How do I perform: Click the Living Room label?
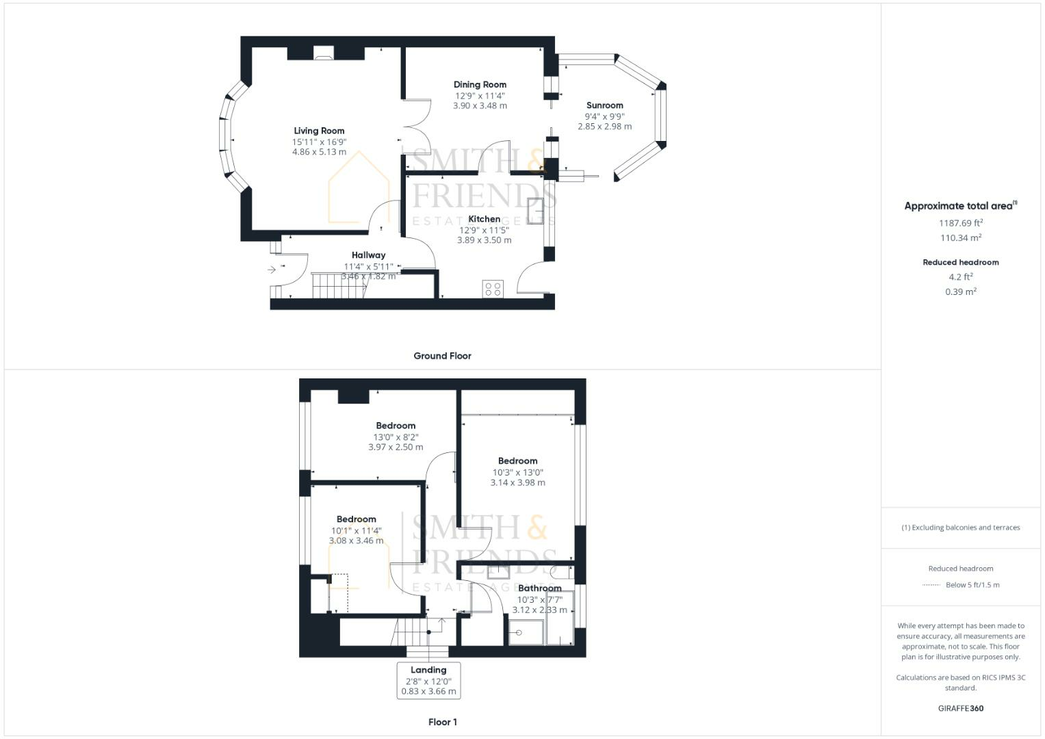[x=319, y=131]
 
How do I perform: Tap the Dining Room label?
[x=480, y=85]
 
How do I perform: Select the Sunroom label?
[x=604, y=105]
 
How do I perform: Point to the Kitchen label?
[x=484, y=219]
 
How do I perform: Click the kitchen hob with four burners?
[x=493, y=289]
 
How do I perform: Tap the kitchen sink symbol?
[x=535, y=211]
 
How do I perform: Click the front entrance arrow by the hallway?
[x=272, y=270]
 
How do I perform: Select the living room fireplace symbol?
[x=324, y=53]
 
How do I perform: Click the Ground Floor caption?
[x=442, y=356]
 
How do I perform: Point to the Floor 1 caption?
[x=442, y=722]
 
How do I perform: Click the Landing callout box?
[x=428, y=680]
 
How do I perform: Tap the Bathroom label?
[x=539, y=588]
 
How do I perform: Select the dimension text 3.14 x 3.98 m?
[x=517, y=482]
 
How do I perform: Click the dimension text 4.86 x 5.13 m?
[x=319, y=152]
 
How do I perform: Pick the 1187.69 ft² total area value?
[x=960, y=223]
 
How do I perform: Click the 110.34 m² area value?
[x=960, y=238]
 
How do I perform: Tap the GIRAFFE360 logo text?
[x=960, y=708]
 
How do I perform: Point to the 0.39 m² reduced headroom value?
[x=960, y=291]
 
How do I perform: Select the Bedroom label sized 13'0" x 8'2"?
[x=396, y=426]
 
